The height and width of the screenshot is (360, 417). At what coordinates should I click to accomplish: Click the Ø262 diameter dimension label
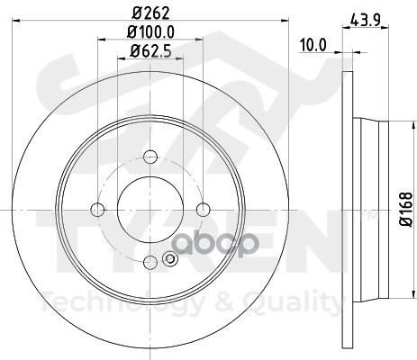click(150, 13)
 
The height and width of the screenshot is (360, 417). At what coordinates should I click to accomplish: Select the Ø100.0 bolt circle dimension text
click(150, 32)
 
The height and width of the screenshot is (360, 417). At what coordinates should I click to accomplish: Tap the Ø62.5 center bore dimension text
click(150, 51)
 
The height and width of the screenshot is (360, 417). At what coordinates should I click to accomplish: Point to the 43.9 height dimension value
click(366, 21)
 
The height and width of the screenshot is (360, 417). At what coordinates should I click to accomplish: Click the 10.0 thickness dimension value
click(313, 46)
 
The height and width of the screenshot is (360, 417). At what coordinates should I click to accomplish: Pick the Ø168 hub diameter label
click(406, 210)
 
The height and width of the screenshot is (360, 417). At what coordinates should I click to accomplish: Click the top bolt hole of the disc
click(150, 157)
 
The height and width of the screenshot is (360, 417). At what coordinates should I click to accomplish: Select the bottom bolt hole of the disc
click(150, 263)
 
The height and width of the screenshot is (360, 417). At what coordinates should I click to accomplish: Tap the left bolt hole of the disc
click(97, 210)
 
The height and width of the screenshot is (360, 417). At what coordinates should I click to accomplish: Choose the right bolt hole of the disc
click(204, 210)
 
